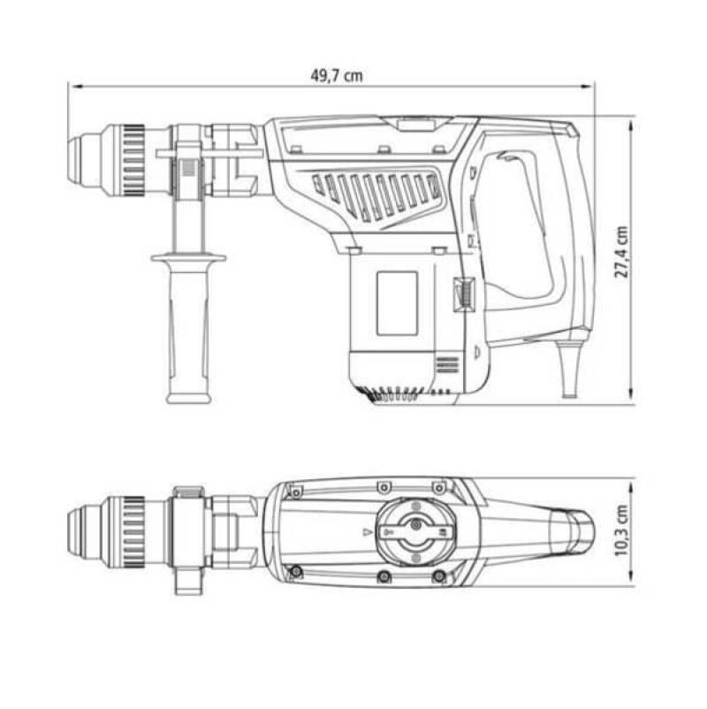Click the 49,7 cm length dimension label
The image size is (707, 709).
point(337,75)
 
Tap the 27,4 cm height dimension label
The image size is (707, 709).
point(622,252)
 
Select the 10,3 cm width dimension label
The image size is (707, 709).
point(622,530)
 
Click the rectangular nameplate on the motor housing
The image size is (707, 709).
point(397,303)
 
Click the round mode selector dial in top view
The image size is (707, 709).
point(416,531)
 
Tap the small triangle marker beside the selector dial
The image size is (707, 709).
point(367,532)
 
